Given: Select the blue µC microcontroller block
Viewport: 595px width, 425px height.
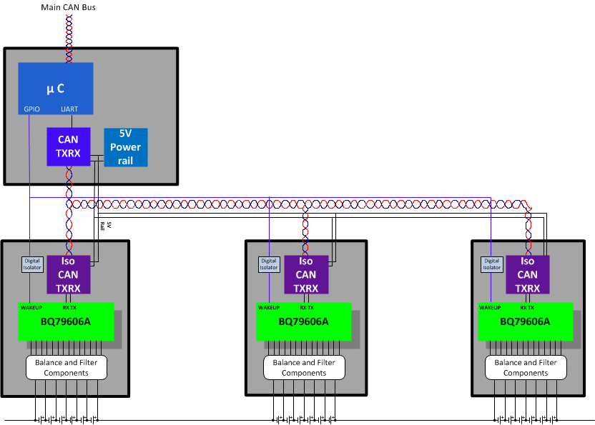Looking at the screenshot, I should point(55,88).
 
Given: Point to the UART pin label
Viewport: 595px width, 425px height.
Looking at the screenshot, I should point(69,109).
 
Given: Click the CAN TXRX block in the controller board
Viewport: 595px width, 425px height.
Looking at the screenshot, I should point(68,146).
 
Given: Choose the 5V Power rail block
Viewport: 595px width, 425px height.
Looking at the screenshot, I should point(125,146).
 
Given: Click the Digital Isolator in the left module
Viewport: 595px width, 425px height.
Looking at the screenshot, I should point(33,264).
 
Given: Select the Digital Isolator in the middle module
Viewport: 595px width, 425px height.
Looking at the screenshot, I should point(268,264).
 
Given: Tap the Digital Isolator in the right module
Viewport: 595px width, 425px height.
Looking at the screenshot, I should point(491,264).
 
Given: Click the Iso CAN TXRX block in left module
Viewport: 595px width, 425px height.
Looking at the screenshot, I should point(68,274).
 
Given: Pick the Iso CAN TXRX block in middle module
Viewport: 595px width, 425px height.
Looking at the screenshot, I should point(305,274).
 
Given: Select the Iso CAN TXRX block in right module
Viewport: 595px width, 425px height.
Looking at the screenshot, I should point(527,274).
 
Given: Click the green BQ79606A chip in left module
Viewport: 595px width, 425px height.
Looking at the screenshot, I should point(66,321).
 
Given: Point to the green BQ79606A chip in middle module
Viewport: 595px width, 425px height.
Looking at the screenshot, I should point(303,321).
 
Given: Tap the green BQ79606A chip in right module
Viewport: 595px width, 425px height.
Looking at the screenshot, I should point(525,321).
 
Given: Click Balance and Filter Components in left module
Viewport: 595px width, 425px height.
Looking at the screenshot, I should point(67,367).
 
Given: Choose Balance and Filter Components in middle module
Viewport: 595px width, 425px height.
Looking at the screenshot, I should point(304,367).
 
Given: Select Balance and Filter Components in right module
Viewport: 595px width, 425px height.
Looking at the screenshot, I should point(526,367).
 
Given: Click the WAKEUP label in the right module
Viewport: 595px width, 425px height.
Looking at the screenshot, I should point(490,307).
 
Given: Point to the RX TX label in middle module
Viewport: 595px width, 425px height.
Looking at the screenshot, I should point(305,307).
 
